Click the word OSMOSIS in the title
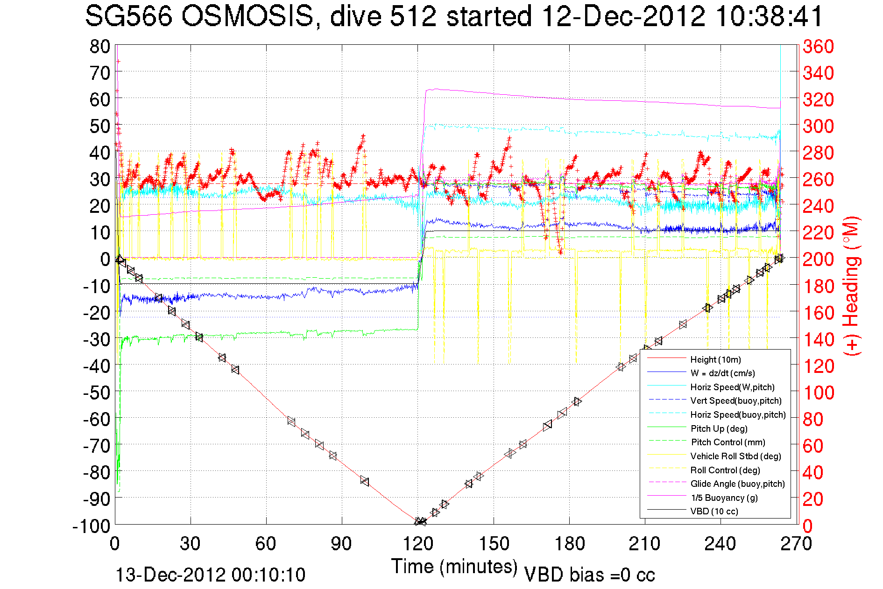[x=247, y=17]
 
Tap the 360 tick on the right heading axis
[x=818, y=47]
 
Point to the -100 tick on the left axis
[x=91, y=526]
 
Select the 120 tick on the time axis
[x=418, y=544]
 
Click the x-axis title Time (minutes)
[x=454, y=567]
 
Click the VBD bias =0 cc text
[x=589, y=575]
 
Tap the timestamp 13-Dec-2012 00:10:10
[x=210, y=575]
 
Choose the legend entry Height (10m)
[x=715, y=359]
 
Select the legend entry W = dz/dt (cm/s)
[x=722, y=373]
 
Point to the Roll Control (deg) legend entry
[x=725, y=470]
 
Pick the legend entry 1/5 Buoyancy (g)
[x=724, y=498]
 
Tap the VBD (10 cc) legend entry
[x=714, y=511]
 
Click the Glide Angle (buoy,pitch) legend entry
[x=737, y=484]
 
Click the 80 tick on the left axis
[x=100, y=47]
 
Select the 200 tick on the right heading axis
[x=818, y=259]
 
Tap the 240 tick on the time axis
[x=721, y=544]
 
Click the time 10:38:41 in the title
[x=769, y=17]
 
